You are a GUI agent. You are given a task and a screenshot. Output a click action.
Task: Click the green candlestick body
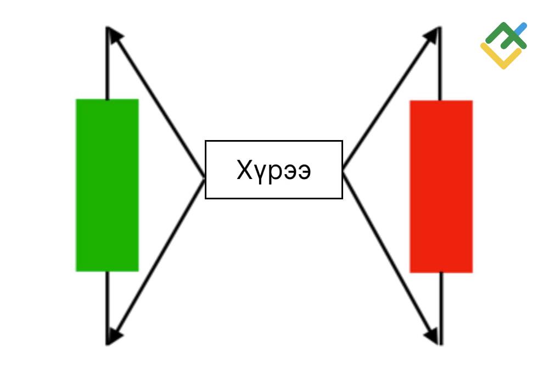107,185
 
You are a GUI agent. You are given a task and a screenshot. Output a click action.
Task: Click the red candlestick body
441,186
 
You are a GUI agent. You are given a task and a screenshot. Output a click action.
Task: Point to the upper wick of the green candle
107,63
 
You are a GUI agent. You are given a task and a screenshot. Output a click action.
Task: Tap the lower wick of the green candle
108,308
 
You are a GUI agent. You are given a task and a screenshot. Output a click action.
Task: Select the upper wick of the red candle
440,63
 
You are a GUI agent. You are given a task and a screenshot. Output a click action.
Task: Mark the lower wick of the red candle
441,309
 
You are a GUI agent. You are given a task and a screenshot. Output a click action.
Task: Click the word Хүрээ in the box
273,171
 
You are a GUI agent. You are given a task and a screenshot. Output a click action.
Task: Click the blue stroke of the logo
520,29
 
